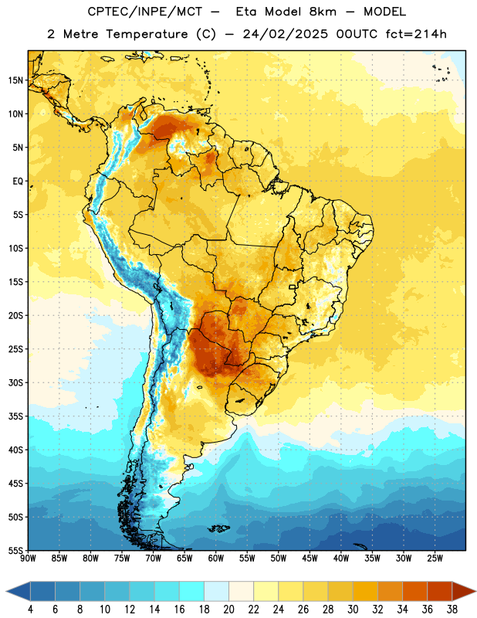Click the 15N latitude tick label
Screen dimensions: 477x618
15,80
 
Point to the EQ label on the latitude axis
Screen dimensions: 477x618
18,182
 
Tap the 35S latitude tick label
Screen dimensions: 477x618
15,416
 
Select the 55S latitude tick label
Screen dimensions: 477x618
15,550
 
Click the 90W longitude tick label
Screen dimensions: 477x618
28,558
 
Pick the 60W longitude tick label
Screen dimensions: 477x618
216,558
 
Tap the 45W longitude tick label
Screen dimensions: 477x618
310,558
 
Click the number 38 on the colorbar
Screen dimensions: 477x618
452,610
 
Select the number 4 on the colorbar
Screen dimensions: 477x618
30,610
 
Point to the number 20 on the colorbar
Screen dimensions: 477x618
228,610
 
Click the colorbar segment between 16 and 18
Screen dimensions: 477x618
191,592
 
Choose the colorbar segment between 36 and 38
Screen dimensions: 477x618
440,592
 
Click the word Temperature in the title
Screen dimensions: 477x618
147,34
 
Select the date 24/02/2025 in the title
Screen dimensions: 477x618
285,34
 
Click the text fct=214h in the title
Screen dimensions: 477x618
416,34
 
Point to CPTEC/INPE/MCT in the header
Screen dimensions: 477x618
145,12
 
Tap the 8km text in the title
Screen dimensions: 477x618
323,12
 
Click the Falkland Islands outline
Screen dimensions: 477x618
219,528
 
